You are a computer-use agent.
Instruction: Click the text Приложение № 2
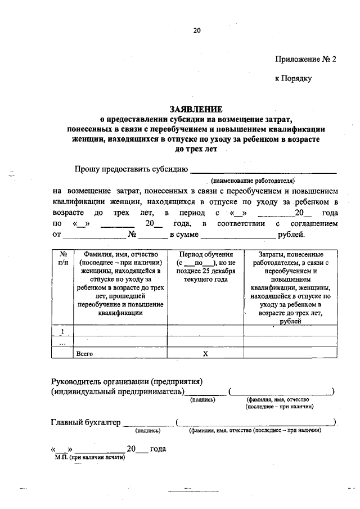[x=305, y=58]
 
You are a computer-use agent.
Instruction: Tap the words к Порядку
[x=292, y=79]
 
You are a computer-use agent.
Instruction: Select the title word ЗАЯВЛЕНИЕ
[x=196, y=109]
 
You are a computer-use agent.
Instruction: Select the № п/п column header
[x=62, y=258]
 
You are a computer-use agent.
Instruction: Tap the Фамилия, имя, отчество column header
[x=120, y=284]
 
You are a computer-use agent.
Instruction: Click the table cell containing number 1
[x=62, y=331]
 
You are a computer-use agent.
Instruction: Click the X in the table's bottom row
[x=205, y=353]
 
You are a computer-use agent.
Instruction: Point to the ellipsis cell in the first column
[x=62, y=342]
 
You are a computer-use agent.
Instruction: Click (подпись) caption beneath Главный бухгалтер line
[x=148, y=431]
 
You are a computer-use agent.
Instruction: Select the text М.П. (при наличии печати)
[x=89, y=458]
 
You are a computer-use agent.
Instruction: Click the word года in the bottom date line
[x=157, y=449]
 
